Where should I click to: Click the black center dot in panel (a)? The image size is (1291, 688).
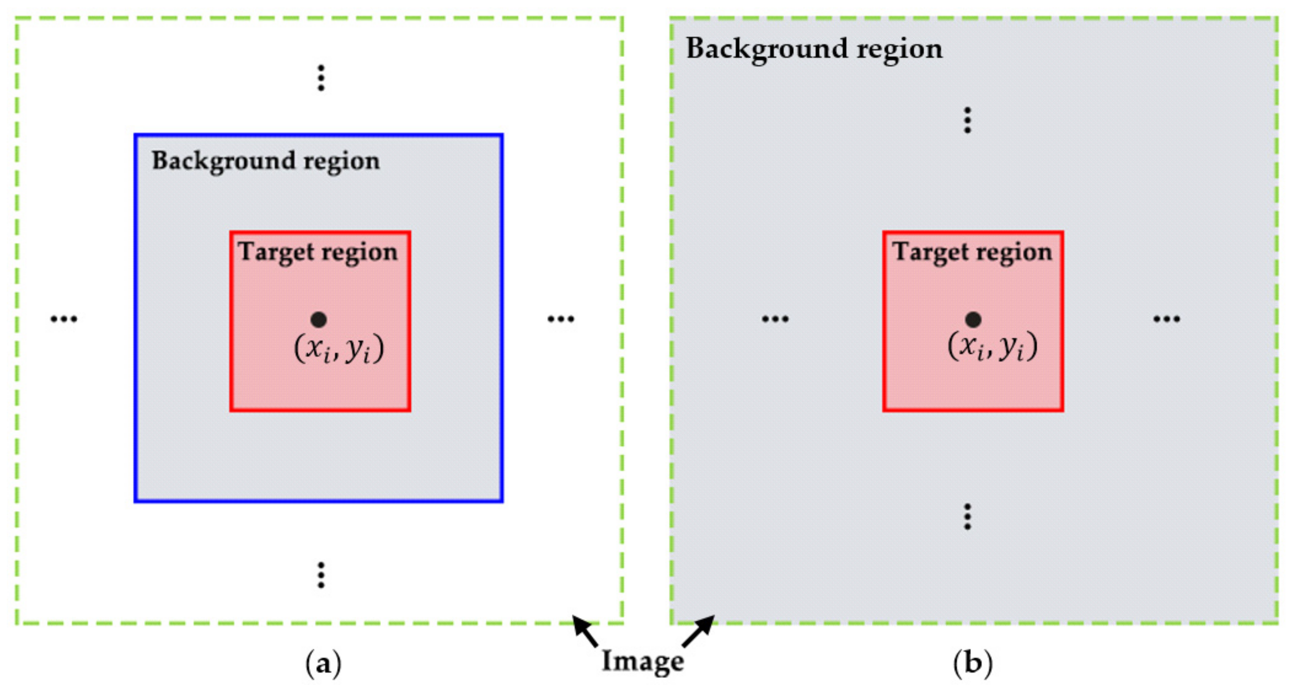pos(319,319)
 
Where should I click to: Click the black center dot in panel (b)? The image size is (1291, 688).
pos(973,319)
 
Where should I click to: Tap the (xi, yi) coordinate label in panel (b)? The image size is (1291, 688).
pos(992,346)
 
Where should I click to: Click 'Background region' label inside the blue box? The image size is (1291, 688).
pos(265,161)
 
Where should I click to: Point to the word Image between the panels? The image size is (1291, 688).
pos(642,661)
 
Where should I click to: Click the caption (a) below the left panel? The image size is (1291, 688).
pos(323,664)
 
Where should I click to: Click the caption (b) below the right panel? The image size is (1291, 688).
pos(972,664)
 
